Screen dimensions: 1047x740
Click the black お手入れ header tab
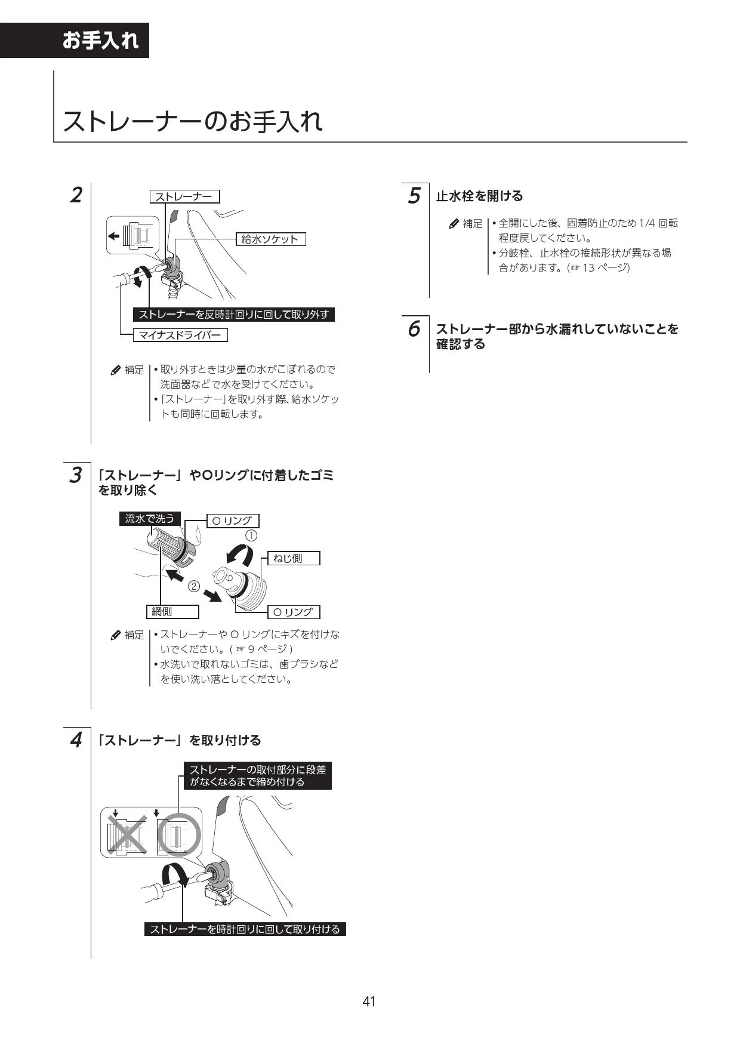point(100,41)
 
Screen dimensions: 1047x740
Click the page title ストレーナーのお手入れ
point(193,121)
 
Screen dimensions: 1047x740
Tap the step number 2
point(76,195)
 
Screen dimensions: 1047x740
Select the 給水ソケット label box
point(270,239)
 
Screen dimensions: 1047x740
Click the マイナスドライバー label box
point(180,335)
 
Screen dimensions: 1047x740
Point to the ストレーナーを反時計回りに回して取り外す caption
point(233,315)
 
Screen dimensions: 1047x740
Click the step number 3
point(76,476)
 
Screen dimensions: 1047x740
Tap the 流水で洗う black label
point(149,519)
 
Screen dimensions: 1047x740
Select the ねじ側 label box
point(293,558)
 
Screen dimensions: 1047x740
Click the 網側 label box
point(172,611)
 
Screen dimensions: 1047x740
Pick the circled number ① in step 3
point(252,535)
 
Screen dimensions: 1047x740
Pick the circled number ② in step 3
point(194,586)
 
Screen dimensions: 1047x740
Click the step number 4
point(76,740)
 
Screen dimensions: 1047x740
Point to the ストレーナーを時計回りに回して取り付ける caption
point(245,929)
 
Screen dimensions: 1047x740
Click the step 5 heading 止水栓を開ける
point(479,196)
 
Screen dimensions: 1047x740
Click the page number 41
point(369,1001)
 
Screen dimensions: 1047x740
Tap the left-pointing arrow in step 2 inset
point(113,235)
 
